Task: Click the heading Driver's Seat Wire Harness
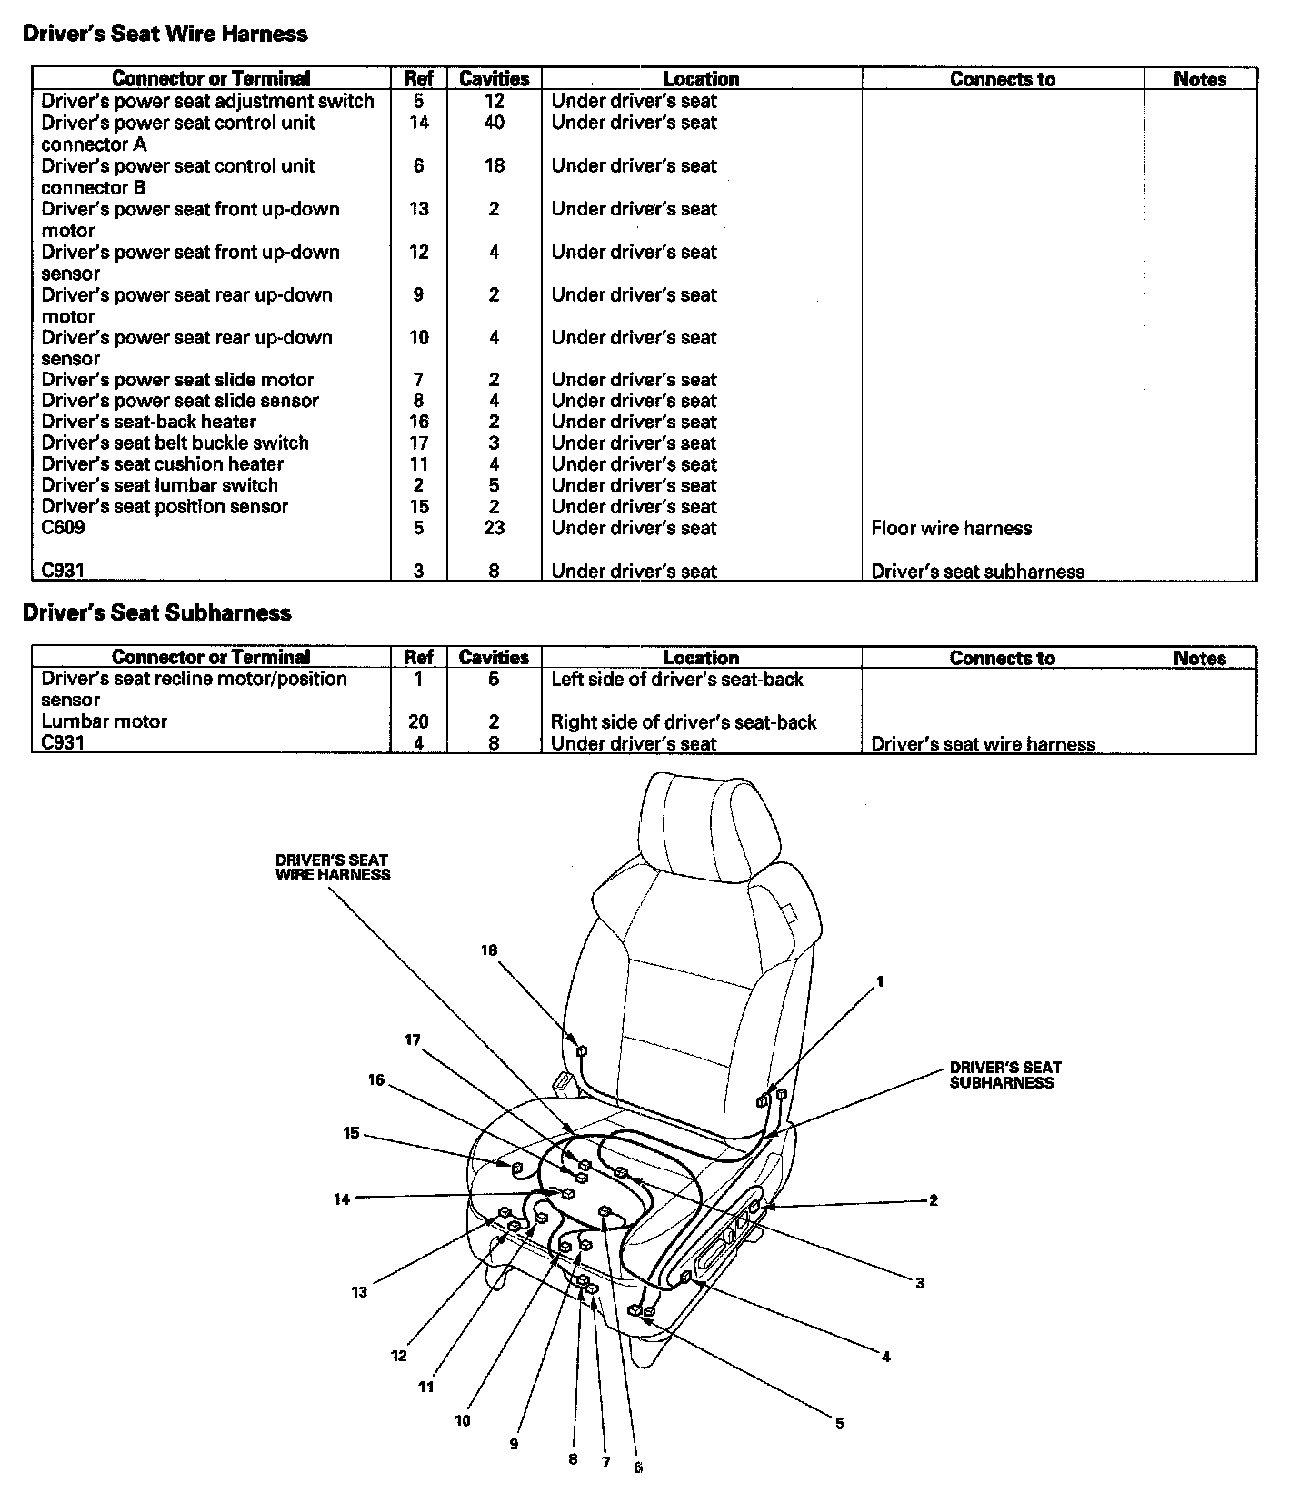coord(165,34)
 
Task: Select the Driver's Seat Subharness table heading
coord(156,612)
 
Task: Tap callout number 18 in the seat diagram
coord(489,950)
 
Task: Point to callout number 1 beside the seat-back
coord(880,981)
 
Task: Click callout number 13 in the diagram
coord(359,1292)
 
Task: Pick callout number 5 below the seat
coord(840,1424)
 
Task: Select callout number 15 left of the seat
coord(351,1133)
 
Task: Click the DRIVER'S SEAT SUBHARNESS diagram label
coord(1005,1075)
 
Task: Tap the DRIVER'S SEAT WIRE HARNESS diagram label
coord(333,867)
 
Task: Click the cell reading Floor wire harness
coord(952,529)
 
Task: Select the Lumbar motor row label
coord(105,721)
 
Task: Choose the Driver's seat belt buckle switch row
coord(175,443)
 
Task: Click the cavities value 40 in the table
coord(494,123)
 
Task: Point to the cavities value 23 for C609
coord(494,528)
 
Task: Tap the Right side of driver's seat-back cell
coord(684,722)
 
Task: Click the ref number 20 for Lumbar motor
coord(418,721)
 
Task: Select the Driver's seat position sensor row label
coord(165,507)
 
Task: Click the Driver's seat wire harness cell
coord(984,744)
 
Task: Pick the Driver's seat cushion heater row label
coord(163,464)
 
